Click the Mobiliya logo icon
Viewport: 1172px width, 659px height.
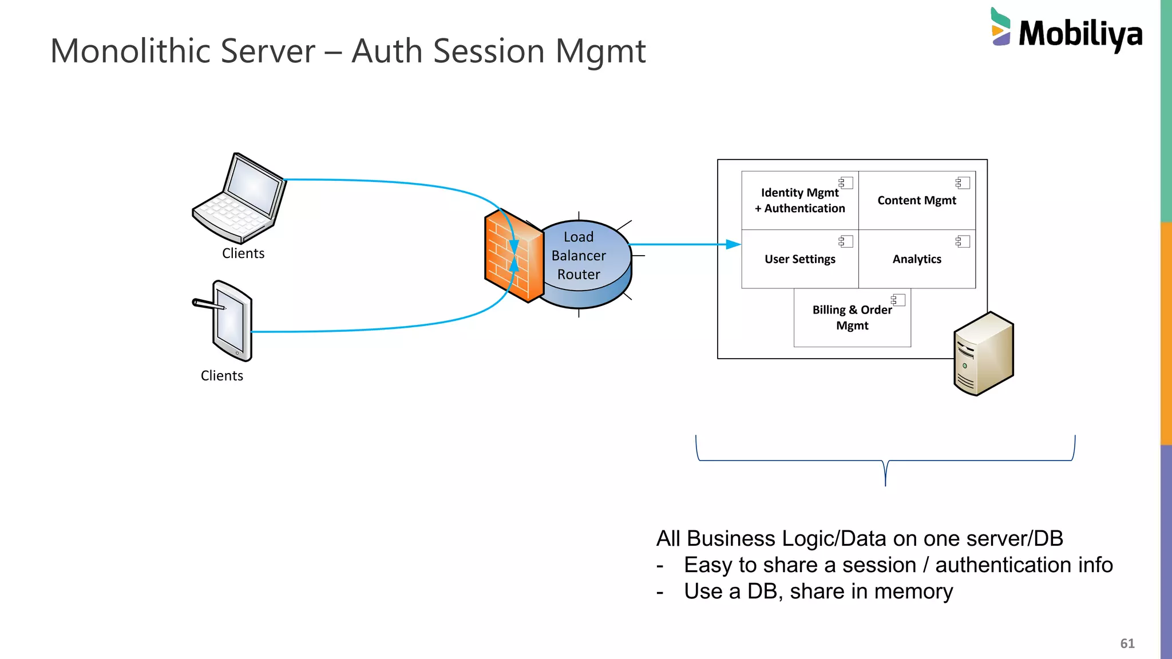[x=1001, y=27]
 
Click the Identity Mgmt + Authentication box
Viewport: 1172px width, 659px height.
[x=799, y=200]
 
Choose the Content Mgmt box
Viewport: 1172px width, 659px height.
[x=917, y=200]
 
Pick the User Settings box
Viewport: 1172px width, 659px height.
[x=799, y=259]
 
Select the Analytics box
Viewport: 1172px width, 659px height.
[x=917, y=259]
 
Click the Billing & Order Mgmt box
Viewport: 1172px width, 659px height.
[x=852, y=317]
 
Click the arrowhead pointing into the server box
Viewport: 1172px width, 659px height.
[x=734, y=244]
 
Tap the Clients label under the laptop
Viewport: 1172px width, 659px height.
[x=243, y=253]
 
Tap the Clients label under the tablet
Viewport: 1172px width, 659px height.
[x=222, y=376]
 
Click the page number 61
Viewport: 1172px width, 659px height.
[x=1127, y=644]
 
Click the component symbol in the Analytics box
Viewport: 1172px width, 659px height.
[x=963, y=241]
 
